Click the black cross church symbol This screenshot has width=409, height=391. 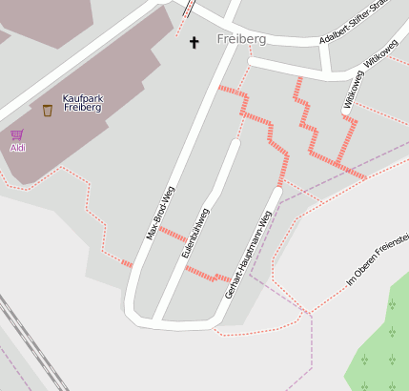195,42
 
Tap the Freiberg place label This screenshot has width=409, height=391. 241,39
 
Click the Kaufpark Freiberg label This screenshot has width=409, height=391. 82,102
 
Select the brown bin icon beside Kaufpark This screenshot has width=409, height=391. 48,111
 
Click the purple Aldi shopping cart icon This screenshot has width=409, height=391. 16,135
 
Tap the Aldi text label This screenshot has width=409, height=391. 18,148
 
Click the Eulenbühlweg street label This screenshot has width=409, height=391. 194,233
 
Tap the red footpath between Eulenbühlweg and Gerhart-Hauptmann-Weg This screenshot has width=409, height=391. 208,275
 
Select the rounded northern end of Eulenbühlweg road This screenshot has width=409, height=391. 235,144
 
